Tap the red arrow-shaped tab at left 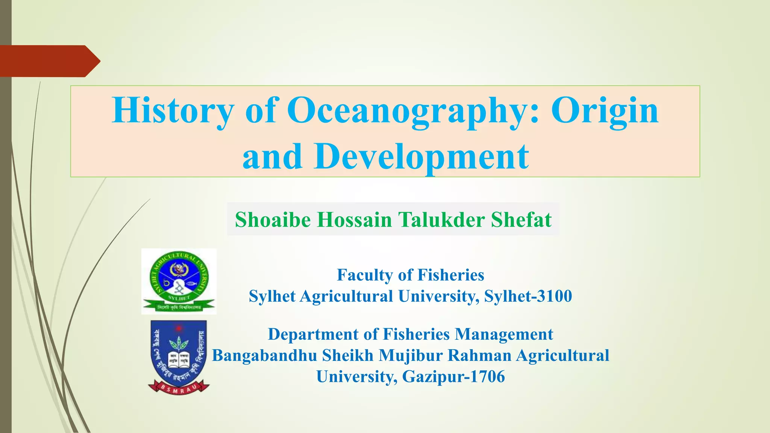(x=49, y=61)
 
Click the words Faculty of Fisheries (x=411, y=275)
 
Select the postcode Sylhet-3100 (x=528, y=296)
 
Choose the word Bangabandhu (x=265, y=356)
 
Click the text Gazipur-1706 (x=453, y=377)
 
